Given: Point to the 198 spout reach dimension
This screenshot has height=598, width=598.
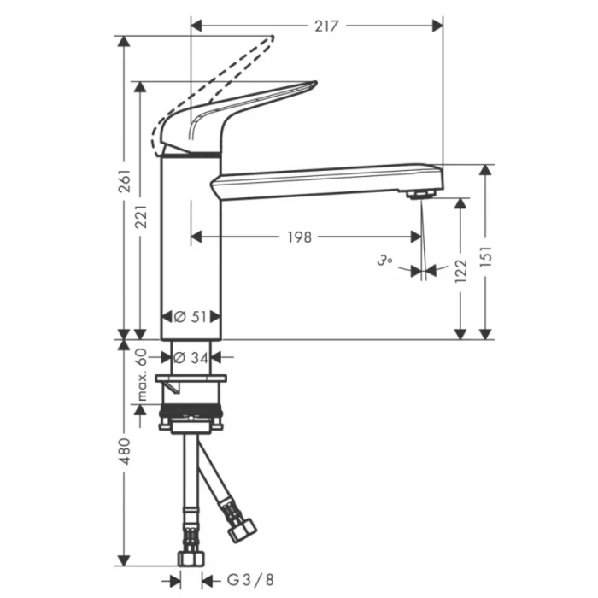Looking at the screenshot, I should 299,237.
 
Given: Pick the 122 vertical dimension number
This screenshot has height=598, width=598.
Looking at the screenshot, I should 461,271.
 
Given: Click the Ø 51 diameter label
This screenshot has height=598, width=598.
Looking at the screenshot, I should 191,317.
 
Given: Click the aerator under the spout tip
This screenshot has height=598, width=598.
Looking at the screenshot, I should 419,196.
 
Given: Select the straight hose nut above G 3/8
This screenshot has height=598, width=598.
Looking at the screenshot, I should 191,557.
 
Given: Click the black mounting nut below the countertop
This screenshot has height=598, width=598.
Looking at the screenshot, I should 192,419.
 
